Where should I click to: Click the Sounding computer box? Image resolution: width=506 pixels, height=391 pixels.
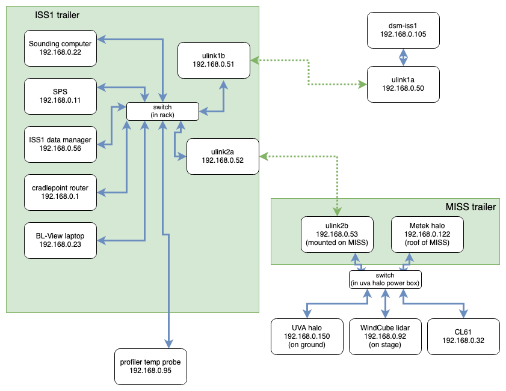pos(60,48)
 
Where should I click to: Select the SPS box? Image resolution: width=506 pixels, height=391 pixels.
pos(60,96)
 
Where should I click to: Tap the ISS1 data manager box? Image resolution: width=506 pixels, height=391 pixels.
pos(60,144)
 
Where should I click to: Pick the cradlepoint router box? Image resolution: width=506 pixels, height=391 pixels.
pos(60,192)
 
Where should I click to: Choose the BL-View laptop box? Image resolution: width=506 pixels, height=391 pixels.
pos(60,240)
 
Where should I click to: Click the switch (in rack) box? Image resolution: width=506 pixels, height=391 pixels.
pos(162,111)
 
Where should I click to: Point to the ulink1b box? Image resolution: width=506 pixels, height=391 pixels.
pos(214,60)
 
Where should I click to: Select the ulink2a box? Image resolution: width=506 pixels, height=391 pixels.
pos(223,156)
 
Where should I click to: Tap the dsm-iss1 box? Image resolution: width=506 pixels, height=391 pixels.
pos(403,31)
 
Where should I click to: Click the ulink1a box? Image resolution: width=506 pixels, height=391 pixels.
pos(403,84)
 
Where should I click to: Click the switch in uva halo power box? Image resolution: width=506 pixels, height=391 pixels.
pos(385,279)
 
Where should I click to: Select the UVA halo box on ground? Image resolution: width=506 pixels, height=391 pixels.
pos(307,336)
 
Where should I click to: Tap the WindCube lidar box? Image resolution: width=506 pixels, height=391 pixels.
pos(385,336)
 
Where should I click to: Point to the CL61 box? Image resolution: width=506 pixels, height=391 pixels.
pos(463,336)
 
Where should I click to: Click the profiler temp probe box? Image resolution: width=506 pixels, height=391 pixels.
pos(151,366)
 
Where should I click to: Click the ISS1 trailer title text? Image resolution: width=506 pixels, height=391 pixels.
pos(57,14)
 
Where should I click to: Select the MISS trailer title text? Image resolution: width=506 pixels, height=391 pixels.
pos(471,207)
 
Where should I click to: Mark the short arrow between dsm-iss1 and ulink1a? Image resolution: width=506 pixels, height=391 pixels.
pos(403,58)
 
